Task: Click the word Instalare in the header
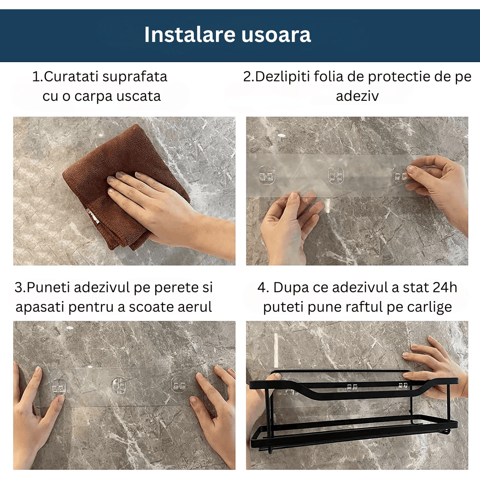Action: click(x=190, y=34)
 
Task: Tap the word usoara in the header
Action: click(x=276, y=35)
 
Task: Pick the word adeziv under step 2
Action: click(x=357, y=96)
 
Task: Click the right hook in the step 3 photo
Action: click(x=179, y=386)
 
